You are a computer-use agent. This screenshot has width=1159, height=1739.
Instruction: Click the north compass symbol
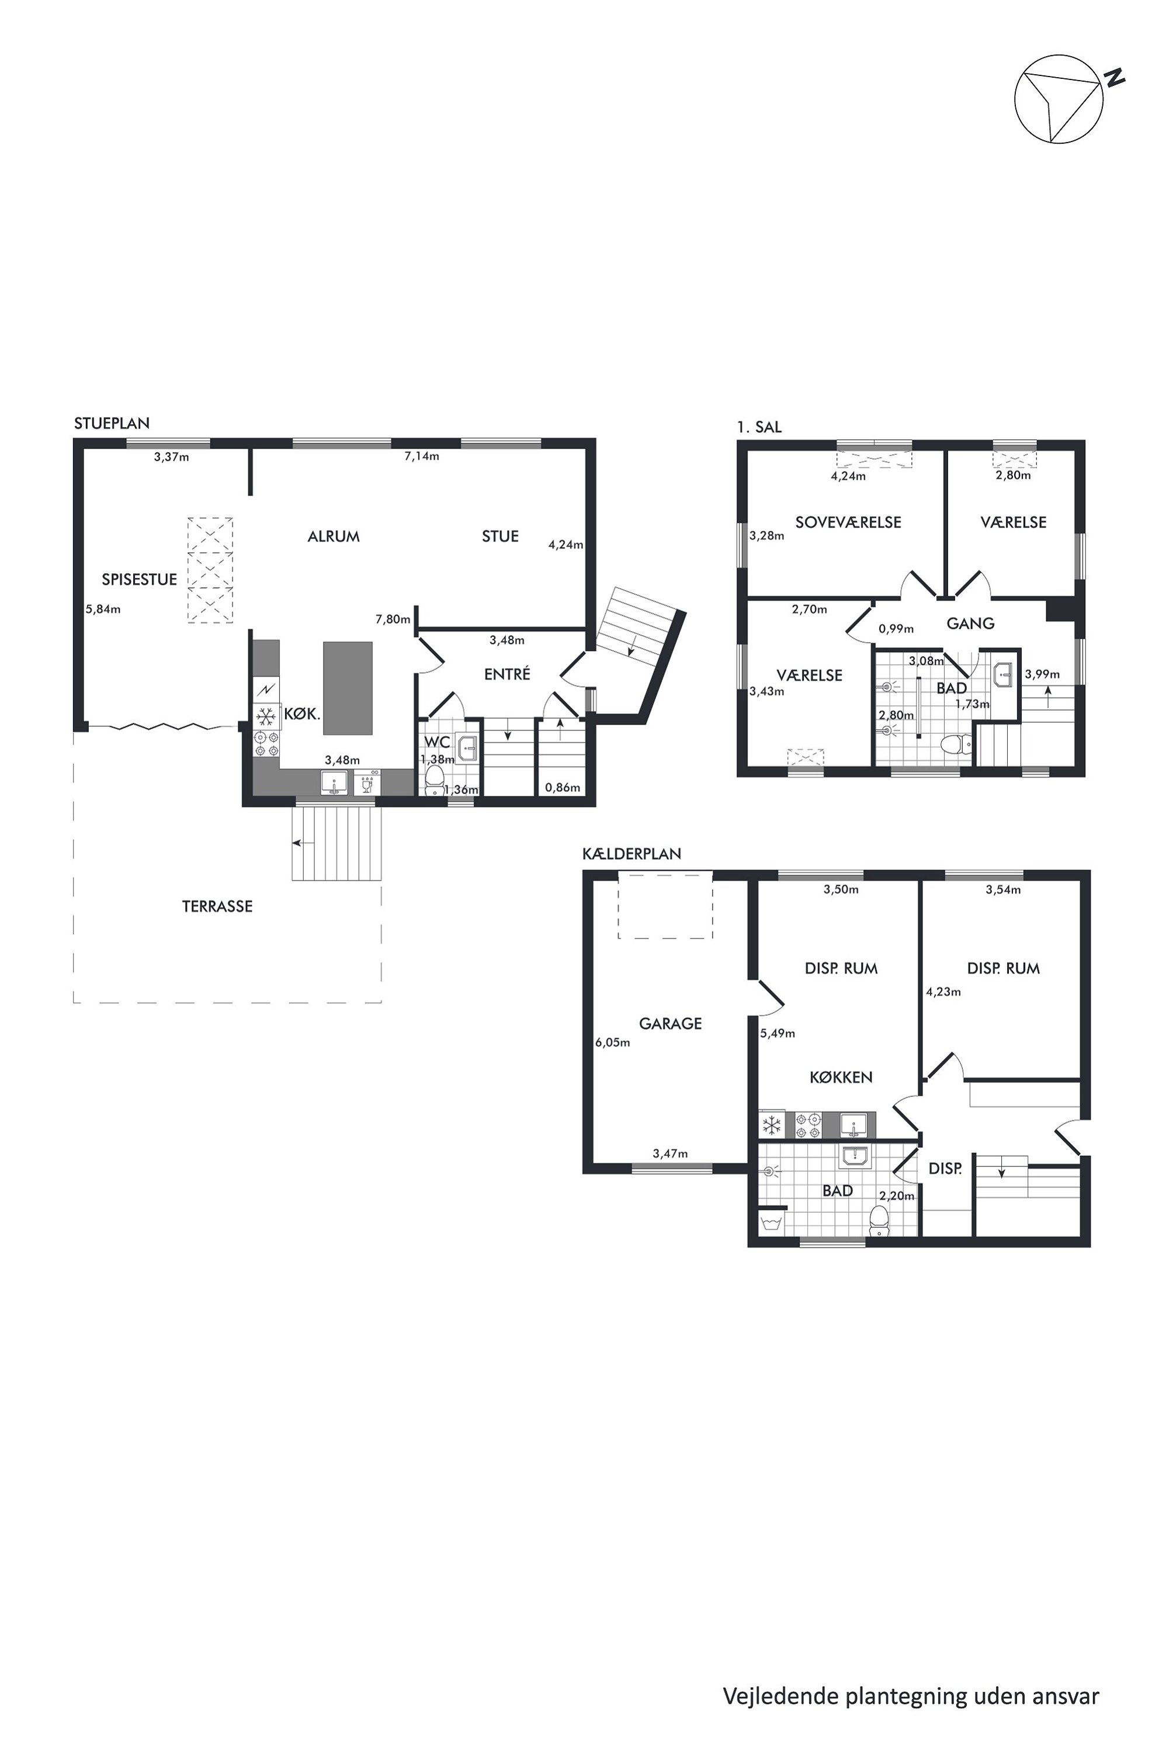[x=1059, y=98]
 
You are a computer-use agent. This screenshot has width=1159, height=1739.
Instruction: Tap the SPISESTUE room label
[x=140, y=579]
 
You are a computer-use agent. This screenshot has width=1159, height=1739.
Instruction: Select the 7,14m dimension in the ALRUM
[x=421, y=456]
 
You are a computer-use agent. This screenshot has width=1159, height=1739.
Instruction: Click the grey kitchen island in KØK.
[x=348, y=688]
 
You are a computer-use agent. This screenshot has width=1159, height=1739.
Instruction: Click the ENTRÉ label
[x=507, y=674]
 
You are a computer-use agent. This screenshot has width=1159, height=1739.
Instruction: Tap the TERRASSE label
[x=217, y=906]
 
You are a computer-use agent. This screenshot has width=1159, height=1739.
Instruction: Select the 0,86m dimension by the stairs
[x=563, y=788]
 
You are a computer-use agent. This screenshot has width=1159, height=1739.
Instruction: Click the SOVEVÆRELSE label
[x=848, y=522]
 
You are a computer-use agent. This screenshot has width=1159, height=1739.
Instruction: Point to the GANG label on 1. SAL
[x=970, y=623]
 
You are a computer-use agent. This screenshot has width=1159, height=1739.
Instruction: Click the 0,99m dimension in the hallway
[x=896, y=629]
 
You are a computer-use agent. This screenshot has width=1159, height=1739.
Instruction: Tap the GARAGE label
[x=671, y=1023]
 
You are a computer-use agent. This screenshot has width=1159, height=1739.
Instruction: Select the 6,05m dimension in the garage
[x=613, y=1042]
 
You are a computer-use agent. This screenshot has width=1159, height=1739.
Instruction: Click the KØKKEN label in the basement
[x=841, y=1078]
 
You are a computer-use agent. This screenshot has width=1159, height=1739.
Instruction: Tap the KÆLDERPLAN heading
[x=632, y=853]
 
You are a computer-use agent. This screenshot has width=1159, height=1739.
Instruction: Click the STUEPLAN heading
[x=112, y=423]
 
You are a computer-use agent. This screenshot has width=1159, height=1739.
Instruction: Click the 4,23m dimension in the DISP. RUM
[x=943, y=992]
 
